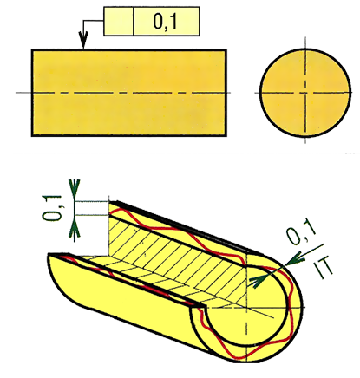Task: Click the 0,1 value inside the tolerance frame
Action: (165, 22)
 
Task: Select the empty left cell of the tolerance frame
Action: (119, 22)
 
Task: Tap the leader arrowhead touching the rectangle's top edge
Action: (83, 42)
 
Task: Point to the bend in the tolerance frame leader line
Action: (83, 21)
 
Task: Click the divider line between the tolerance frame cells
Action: (134, 22)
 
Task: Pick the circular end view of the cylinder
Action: (305, 93)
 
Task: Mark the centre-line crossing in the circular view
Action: (305, 93)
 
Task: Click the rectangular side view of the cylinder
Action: (129, 93)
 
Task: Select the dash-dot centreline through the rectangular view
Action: (123, 93)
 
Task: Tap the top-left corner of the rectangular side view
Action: (32, 49)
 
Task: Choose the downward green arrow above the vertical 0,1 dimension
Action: (75, 190)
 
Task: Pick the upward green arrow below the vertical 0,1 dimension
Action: (75, 226)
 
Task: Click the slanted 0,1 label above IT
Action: (302, 235)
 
